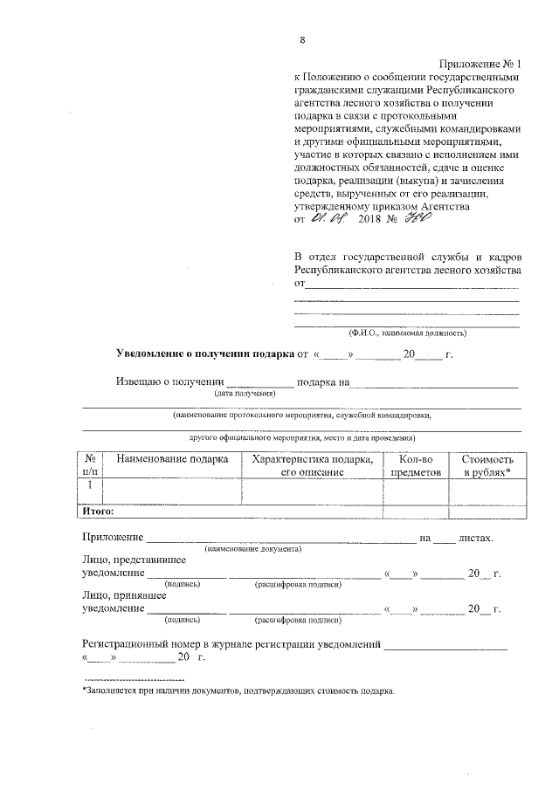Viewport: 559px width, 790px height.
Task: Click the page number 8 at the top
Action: point(301,40)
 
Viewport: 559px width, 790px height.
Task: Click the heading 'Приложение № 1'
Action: point(480,65)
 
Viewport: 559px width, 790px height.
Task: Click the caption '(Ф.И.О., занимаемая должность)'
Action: point(407,333)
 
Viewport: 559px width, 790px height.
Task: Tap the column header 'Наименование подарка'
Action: point(172,458)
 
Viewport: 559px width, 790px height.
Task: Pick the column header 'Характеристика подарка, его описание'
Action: point(312,464)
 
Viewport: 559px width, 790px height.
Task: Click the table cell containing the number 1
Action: point(91,485)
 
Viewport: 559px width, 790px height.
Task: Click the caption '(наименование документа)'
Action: point(252,549)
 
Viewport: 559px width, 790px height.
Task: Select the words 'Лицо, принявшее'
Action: point(125,595)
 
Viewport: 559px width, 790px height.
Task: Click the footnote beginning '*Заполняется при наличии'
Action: point(238,690)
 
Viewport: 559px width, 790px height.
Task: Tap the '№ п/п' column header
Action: point(91,464)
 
